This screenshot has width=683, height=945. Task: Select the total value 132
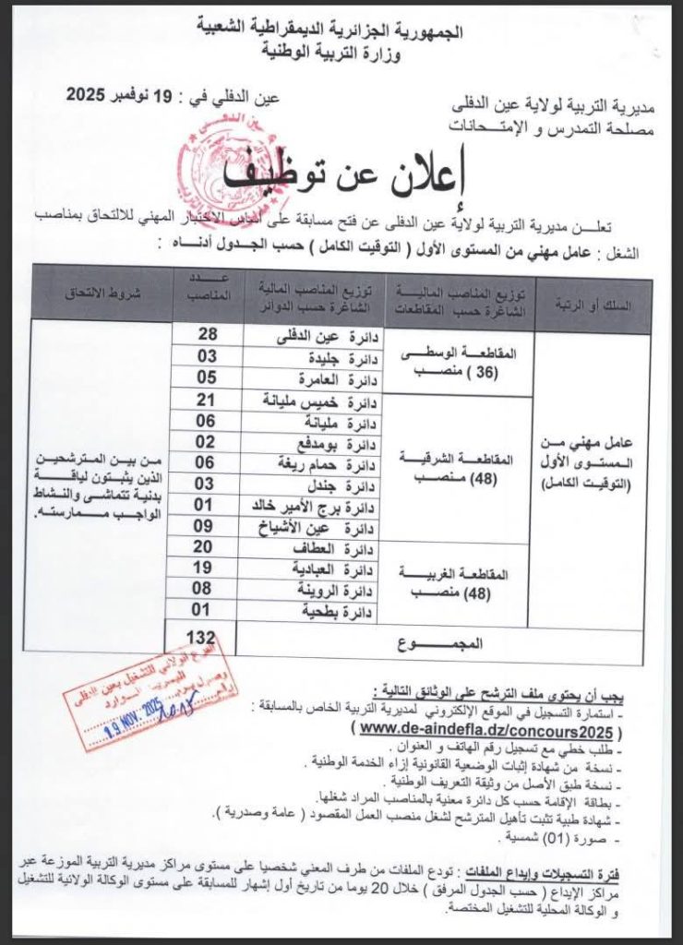coord(204,639)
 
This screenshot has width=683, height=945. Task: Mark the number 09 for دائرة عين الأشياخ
coord(205,526)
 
